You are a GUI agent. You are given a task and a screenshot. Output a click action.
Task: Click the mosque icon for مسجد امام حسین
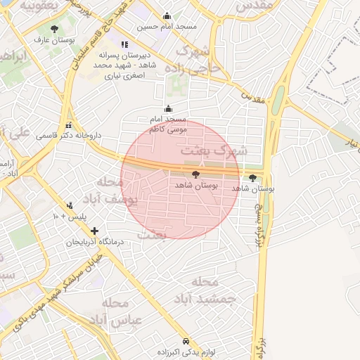pyautogui.click(x=167, y=16)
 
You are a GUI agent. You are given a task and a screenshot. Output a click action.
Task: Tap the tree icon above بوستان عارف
pyautogui.click(x=55, y=30)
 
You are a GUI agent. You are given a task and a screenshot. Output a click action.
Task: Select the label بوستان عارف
pyautogui.click(x=55, y=40)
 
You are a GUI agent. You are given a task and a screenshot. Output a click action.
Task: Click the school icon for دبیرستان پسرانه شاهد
pyautogui.click(x=124, y=44)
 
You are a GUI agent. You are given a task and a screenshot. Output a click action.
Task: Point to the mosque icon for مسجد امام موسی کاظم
pyautogui.click(x=167, y=109)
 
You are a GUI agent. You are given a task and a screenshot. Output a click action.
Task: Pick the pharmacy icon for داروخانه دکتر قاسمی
pyautogui.click(x=68, y=125)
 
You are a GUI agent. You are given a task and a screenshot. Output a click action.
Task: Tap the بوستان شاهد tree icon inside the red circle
pyautogui.click(x=195, y=173)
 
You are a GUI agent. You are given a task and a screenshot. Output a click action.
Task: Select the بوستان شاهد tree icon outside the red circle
pyautogui.click(x=253, y=178)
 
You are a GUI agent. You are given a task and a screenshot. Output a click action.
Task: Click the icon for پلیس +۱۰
pyautogui.click(x=70, y=206)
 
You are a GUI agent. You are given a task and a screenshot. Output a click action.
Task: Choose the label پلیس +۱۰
pyautogui.click(x=69, y=217)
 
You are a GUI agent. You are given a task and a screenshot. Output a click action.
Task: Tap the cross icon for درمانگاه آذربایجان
pyautogui.click(x=95, y=231)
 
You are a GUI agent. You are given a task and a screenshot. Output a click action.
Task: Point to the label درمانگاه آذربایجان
pyautogui.click(x=95, y=241)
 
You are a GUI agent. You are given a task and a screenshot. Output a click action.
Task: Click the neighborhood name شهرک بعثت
pyautogui.click(x=214, y=150)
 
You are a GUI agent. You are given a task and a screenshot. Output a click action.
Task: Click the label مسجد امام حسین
pyautogui.click(x=167, y=27)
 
